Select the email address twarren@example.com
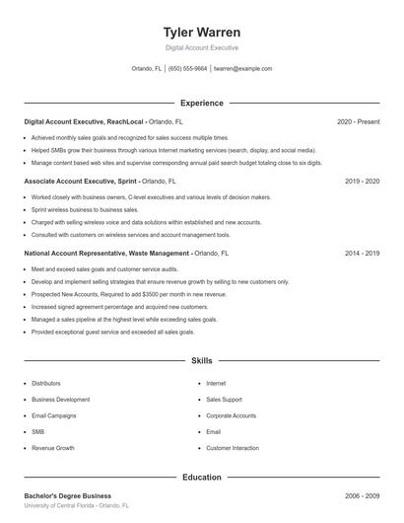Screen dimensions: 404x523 coord(242,69)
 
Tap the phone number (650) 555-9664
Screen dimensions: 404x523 coord(187,69)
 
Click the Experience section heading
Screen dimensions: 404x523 coord(201,103)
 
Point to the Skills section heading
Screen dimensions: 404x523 coord(201,362)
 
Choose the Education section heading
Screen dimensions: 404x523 coord(201,477)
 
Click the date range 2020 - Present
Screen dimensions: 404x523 coord(358,121)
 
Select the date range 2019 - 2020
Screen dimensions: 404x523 coord(362,182)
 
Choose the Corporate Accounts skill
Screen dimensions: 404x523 coord(231,415)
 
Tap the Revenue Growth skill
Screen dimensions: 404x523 coord(52,448)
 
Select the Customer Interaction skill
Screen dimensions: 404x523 coord(232,448)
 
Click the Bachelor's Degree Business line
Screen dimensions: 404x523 coord(67,495)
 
